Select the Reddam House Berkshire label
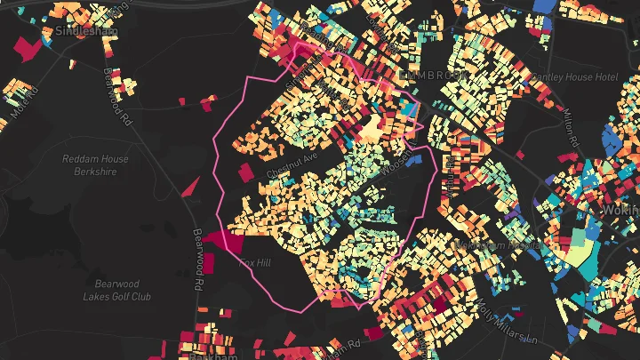pos(95,164)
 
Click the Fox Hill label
pos(255,262)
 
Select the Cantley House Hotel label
pos(574,77)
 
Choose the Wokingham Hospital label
pos(498,243)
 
